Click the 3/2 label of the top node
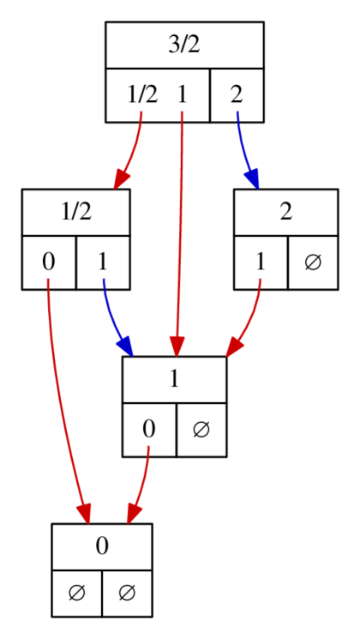coord(183,45)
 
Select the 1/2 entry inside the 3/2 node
coord(142,94)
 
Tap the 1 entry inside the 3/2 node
coord(182,94)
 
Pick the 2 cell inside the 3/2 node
coord(236,94)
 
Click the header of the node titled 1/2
coord(75,212)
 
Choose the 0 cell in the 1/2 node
coord(49,262)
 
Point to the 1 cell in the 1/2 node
coord(103,262)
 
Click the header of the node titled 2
coord(285,212)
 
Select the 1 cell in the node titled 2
coord(260,262)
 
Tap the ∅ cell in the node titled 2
coord(312,262)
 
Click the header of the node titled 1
coord(174,379)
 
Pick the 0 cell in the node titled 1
coord(149,429)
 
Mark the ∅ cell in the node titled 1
coord(201,429)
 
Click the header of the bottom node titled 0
coord(101,546)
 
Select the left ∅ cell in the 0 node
coord(76,593)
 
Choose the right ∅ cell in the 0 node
coord(127,593)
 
